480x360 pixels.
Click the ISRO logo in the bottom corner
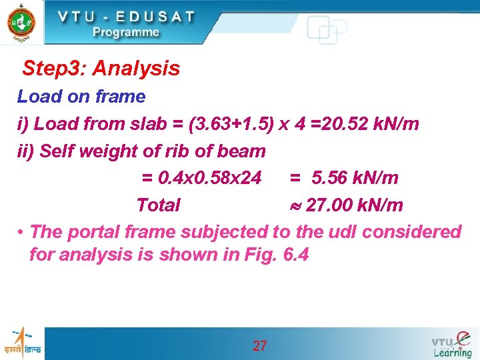click(21, 343)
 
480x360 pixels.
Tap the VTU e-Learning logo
click(451, 344)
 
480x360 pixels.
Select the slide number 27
click(260, 345)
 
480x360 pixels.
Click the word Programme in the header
click(126, 32)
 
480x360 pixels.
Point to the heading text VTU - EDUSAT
click(126, 16)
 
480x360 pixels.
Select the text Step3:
click(55, 68)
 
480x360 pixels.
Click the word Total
click(158, 205)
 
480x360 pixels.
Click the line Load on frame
click(81, 97)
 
